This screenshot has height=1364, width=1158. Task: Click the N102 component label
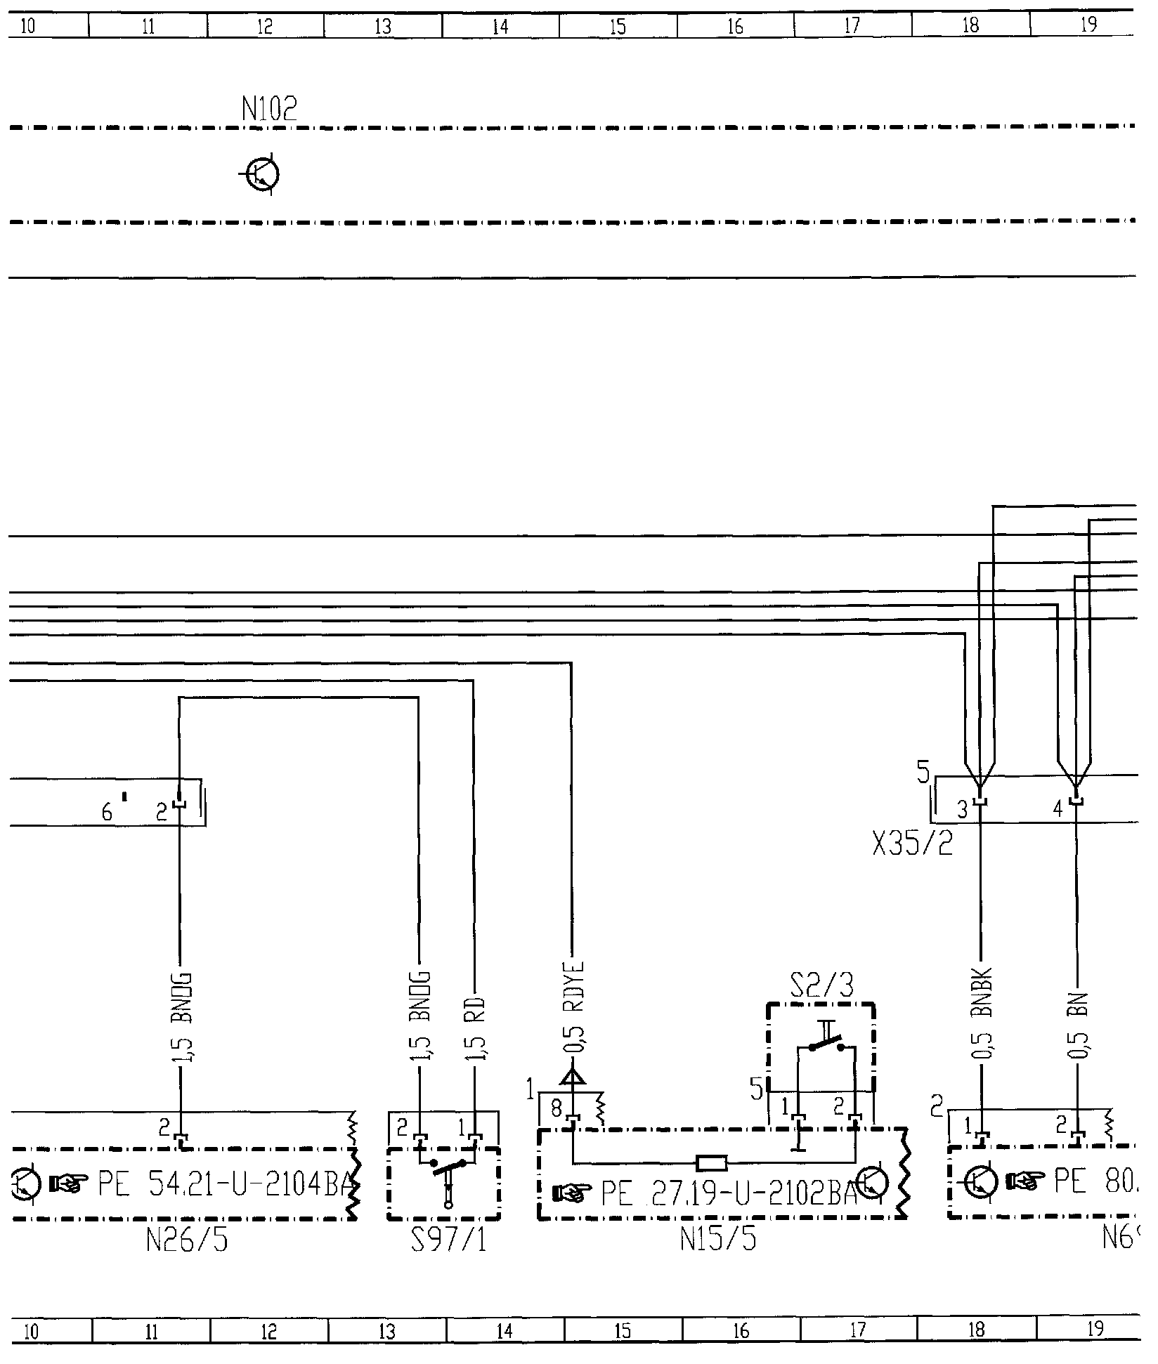pyautogui.click(x=270, y=109)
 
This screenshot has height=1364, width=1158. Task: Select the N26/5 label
pyautogui.click(x=187, y=1242)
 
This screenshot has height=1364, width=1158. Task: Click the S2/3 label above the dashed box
pyautogui.click(x=821, y=986)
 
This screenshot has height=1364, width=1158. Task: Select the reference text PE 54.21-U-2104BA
pyautogui.click(x=223, y=1186)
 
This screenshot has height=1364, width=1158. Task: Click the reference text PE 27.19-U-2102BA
pyautogui.click(x=729, y=1192)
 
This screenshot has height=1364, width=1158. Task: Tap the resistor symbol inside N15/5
pyautogui.click(x=711, y=1163)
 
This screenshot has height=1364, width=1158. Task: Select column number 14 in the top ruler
pyautogui.click(x=500, y=27)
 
